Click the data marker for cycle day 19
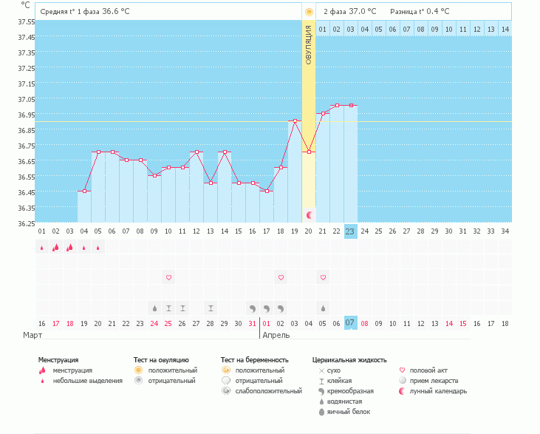click(x=295, y=121)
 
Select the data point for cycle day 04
click(x=84, y=191)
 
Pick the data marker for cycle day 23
click(x=351, y=106)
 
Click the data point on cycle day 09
click(x=154, y=175)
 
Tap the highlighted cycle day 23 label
click(x=350, y=231)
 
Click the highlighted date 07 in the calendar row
click(x=350, y=323)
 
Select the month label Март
click(x=33, y=335)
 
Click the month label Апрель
click(x=276, y=335)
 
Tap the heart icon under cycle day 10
click(x=168, y=277)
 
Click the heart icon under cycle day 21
click(x=323, y=277)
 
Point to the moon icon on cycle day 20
click(x=310, y=215)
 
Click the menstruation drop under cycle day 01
click(x=42, y=248)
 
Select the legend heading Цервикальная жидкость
click(x=349, y=360)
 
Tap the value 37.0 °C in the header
click(x=363, y=12)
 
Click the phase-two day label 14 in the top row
click(x=505, y=28)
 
